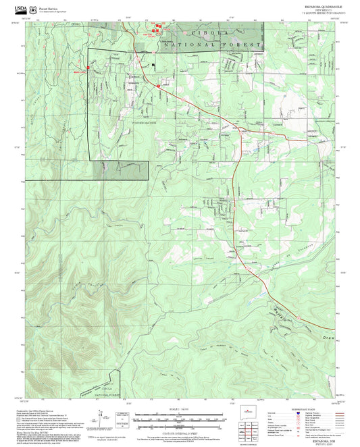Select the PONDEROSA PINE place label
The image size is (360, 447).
145,123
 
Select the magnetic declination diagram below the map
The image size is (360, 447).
124,416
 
